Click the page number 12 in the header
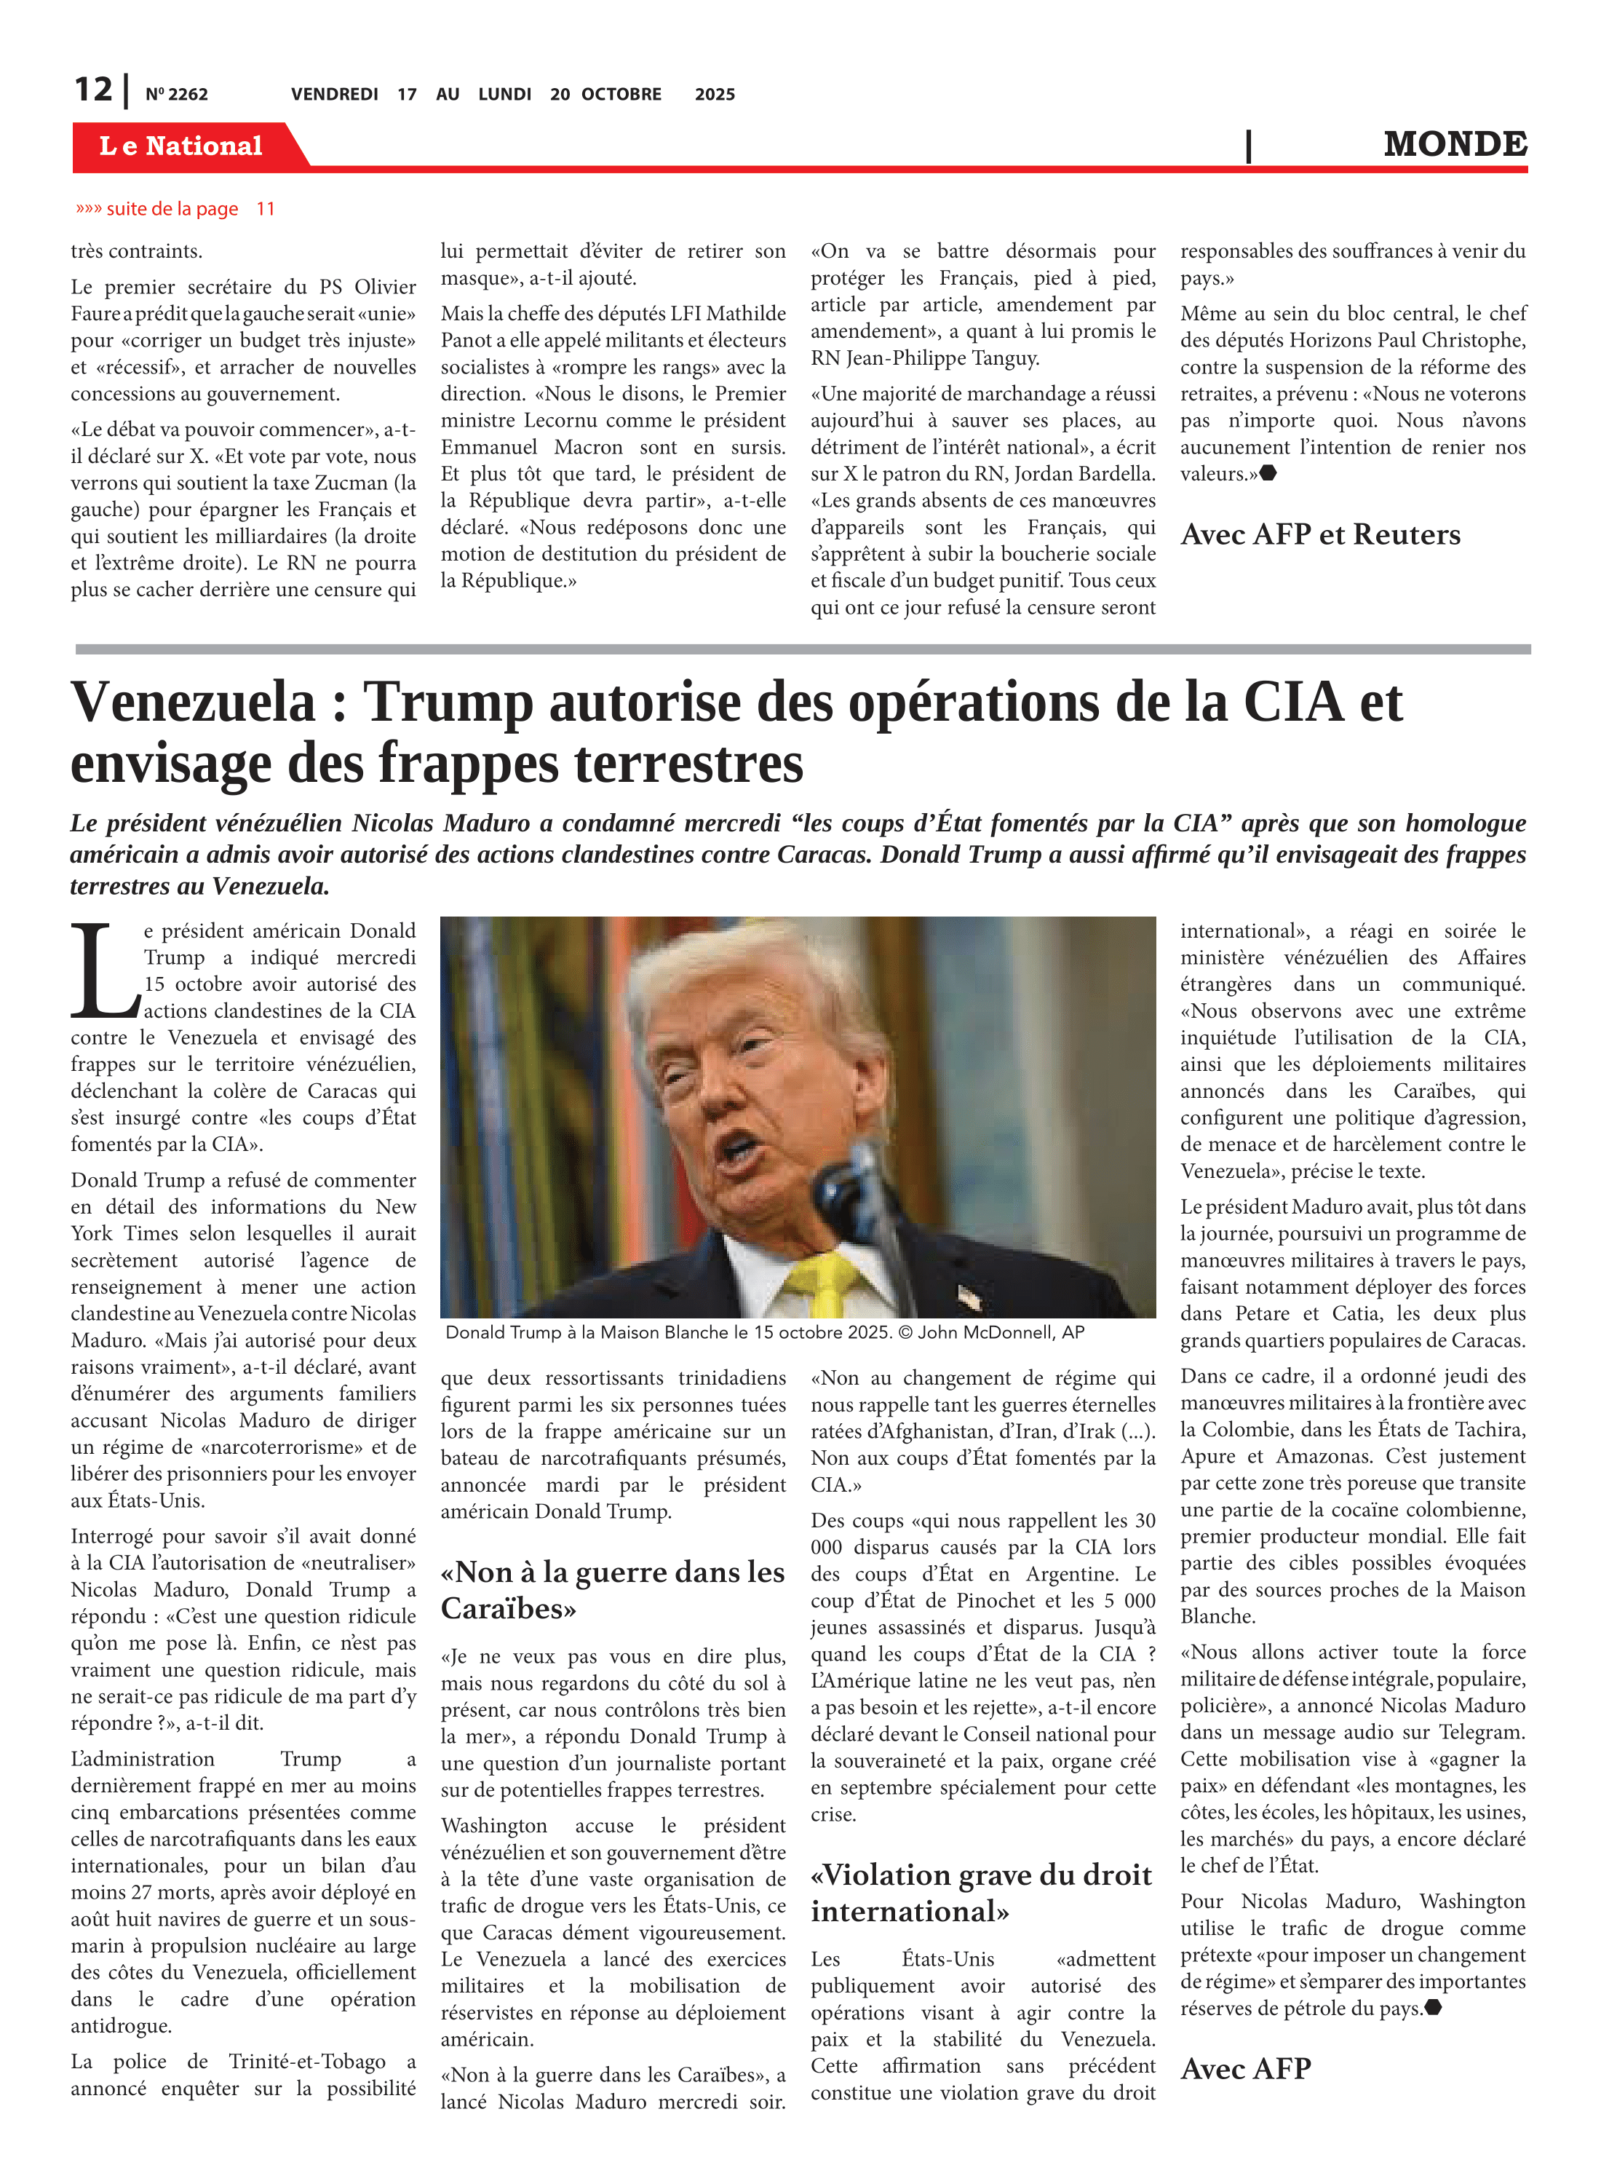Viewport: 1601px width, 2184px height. [x=93, y=90]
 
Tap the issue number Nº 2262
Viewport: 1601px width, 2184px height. [x=176, y=95]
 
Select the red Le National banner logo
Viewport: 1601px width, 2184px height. [x=181, y=146]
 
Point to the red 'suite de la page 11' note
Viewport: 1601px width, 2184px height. [x=175, y=208]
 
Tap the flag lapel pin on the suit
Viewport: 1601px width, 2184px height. [x=969, y=1296]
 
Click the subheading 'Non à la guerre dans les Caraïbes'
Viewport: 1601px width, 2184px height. [x=613, y=1590]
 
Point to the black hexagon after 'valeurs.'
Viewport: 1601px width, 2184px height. [x=1268, y=474]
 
